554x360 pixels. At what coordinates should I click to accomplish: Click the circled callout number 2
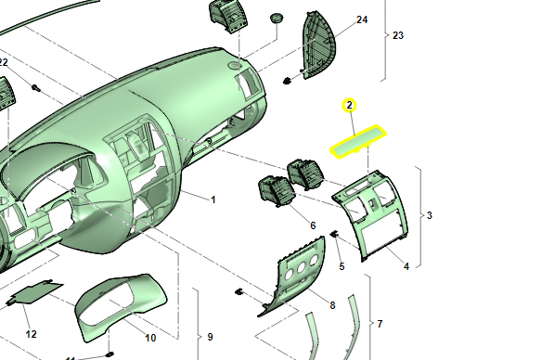pos(350,105)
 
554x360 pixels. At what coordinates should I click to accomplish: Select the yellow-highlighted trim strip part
pos(358,142)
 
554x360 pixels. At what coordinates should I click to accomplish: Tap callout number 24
pos(362,19)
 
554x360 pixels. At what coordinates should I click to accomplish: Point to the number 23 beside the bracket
pos(398,35)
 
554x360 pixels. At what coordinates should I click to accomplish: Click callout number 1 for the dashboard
pos(213,199)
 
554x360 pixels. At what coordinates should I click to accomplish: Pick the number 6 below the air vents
pos(313,225)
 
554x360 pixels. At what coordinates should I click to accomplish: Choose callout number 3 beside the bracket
pos(430,215)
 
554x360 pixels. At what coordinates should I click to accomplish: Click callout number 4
pos(406,266)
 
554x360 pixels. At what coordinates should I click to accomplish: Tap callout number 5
pos(341,266)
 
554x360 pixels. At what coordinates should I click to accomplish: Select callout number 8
pos(332,305)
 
